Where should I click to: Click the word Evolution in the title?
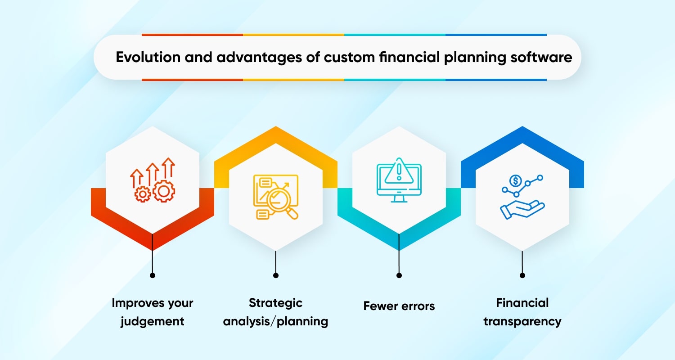(143, 58)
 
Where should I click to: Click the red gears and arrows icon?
(153, 180)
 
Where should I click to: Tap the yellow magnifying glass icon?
(276, 197)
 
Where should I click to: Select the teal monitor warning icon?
(399, 180)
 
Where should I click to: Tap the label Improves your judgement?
(153, 312)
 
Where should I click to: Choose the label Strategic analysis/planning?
(276, 312)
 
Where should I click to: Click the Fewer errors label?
(399, 306)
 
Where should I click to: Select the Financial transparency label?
(522, 312)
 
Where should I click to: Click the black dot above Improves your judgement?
(153, 275)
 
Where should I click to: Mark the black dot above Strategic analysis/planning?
(276, 275)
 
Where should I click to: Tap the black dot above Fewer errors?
(399, 275)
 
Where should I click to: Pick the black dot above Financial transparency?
(522, 275)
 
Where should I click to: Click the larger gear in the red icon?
(164, 191)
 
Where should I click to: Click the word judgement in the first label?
(153, 321)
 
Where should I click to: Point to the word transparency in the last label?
(522, 321)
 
